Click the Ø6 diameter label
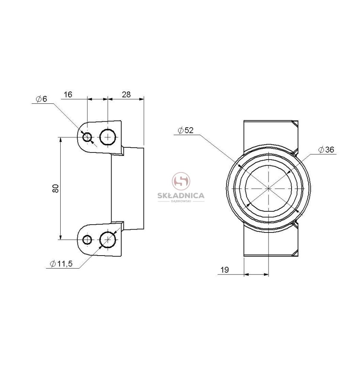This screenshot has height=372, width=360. pyautogui.click(x=42, y=99)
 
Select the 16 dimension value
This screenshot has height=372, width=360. pyautogui.click(x=68, y=94)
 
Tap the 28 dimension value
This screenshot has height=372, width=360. pyautogui.click(x=126, y=94)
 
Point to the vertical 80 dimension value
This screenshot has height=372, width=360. pyautogui.click(x=55, y=188)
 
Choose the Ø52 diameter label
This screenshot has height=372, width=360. pyautogui.click(x=186, y=130)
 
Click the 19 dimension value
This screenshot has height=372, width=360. pyautogui.click(x=225, y=270)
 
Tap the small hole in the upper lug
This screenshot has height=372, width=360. pyautogui.click(x=87, y=137)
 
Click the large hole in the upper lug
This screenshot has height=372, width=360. pyautogui.click(x=108, y=137)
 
